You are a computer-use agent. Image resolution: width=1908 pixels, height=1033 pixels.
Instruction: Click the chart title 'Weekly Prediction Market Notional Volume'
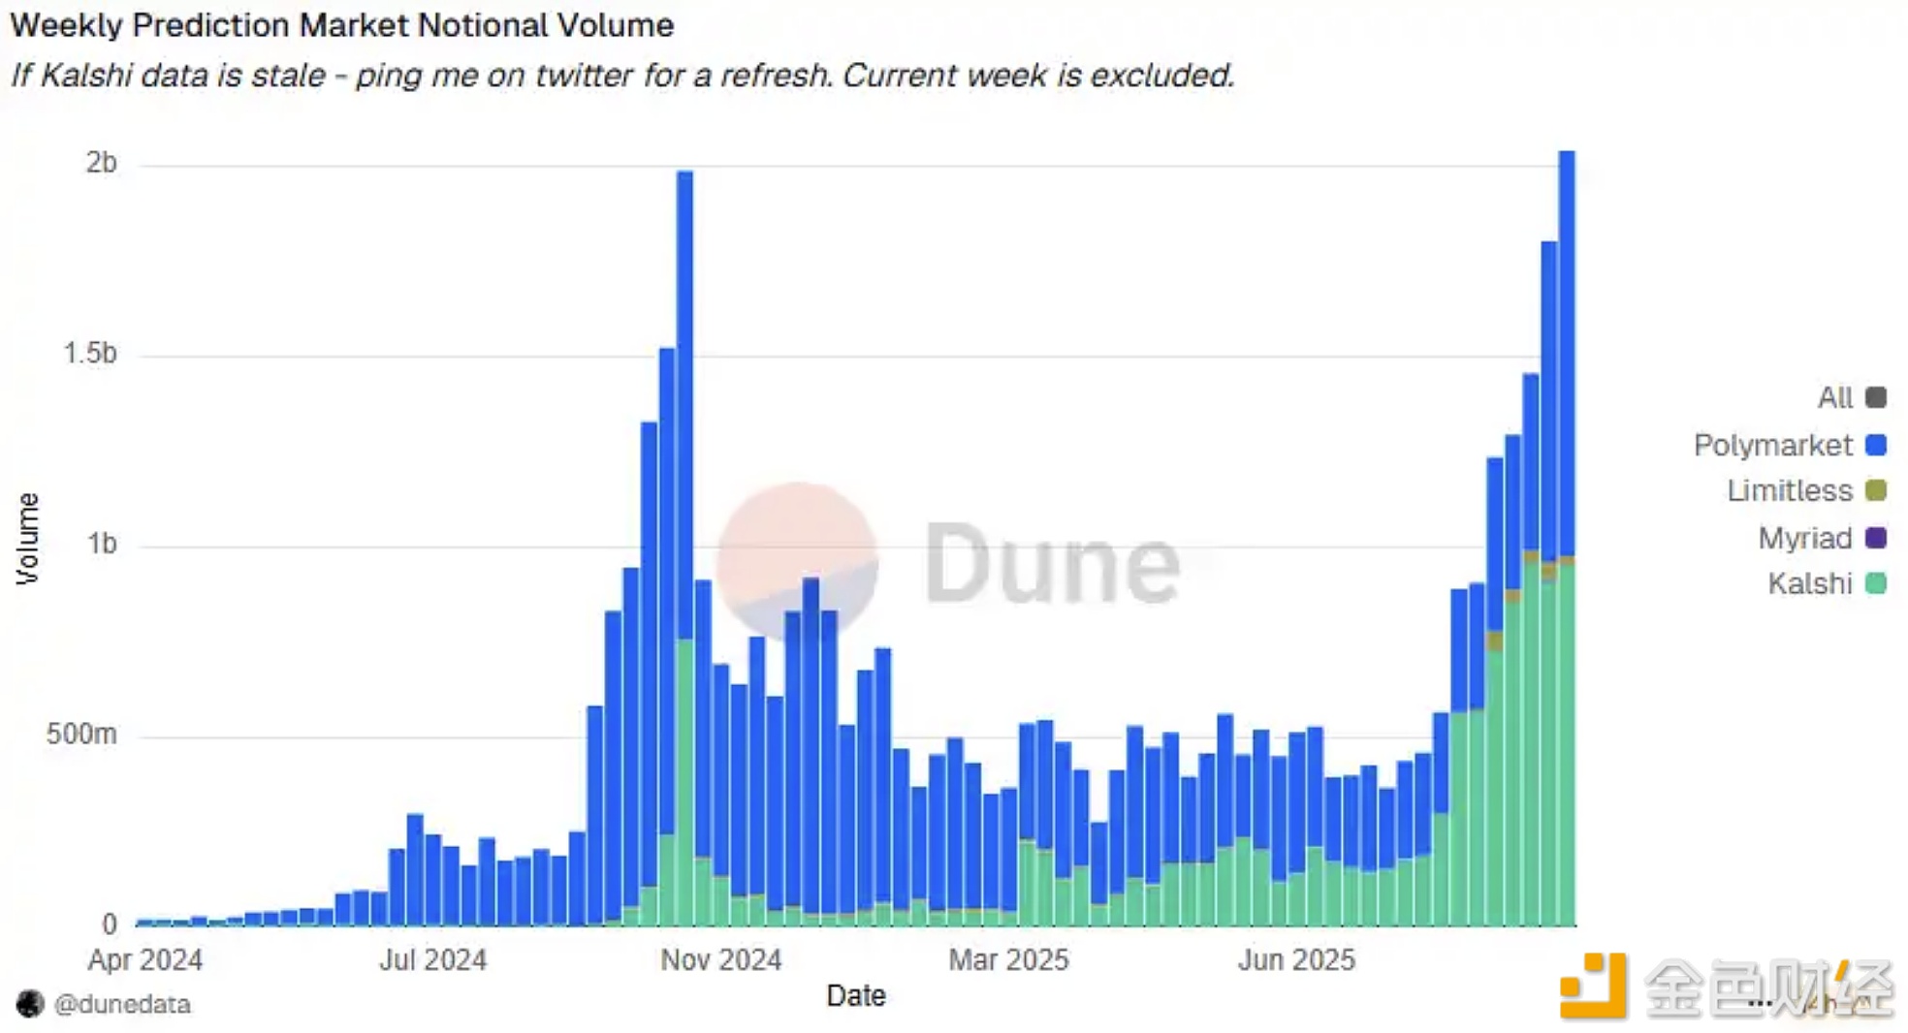[x=341, y=25]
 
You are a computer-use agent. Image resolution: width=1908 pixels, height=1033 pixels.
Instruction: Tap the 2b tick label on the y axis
[x=101, y=163]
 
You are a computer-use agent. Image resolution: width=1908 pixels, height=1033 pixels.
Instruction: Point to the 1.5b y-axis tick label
[x=90, y=354]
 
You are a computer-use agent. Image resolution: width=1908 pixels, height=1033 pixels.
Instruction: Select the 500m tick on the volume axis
[x=81, y=735]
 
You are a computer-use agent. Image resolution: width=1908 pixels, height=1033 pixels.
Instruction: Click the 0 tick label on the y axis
[x=110, y=924]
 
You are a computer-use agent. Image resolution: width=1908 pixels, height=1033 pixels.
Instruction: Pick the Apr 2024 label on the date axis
[x=145, y=960]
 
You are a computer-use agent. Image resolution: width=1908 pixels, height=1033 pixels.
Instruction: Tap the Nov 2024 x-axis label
[x=720, y=960]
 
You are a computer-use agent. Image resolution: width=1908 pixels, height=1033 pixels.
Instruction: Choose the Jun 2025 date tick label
[x=1296, y=960]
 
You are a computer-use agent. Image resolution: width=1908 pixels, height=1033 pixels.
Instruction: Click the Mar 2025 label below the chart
[x=1008, y=960]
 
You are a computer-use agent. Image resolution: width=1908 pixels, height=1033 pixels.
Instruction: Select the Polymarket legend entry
[x=1773, y=445]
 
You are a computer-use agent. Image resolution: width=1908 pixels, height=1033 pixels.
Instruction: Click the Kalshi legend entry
[x=1810, y=583]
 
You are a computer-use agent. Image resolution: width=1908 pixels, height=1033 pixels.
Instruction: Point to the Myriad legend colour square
[x=1876, y=538]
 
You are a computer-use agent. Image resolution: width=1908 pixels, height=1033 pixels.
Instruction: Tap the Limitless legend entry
[x=1790, y=491]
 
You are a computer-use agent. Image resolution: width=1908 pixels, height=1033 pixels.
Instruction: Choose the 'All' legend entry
[x=1835, y=397]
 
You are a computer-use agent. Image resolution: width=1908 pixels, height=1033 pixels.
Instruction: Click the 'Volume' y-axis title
[x=27, y=539]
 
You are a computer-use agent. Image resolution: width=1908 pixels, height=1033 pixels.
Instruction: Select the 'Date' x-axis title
[x=856, y=996]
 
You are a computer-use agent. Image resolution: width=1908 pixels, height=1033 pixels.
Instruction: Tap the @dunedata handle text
[x=122, y=1005]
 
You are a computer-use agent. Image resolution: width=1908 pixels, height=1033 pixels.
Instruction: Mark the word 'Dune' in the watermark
[x=1052, y=563]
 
